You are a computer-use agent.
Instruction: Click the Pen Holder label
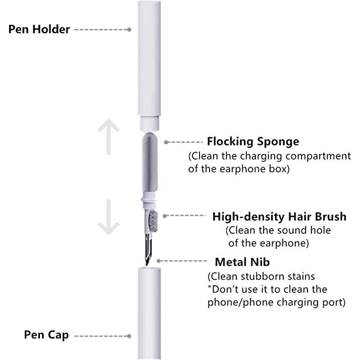click(39, 29)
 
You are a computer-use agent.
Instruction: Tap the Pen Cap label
click(46, 335)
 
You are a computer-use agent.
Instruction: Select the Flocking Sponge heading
click(253, 141)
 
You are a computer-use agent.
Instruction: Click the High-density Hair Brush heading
click(279, 217)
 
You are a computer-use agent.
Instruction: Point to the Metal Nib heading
click(242, 262)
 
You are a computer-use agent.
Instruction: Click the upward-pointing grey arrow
click(109, 137)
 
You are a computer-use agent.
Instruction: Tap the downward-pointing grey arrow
click(109, 217)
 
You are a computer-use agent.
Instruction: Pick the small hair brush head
click(153, 222)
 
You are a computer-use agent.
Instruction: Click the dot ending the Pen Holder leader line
click(129, 30)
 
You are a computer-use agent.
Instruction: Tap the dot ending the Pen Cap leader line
click(129, 336)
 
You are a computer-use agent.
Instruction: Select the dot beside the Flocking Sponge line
click(166, 142)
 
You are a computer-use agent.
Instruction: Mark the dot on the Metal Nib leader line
click(159, 261)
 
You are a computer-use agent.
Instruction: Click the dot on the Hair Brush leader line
click(165, 216)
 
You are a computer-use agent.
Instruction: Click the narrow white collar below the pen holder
click(149, 123)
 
